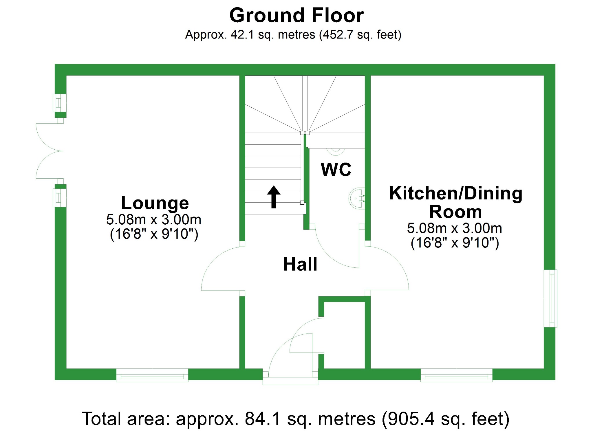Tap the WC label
[x=336, y=170]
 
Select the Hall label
[x=300, y=264]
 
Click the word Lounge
[x=155, y=203]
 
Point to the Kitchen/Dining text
[x=455, y=193]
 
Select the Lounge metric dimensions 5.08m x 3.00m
[x=153, y=219]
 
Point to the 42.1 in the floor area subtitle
[x=242, y=35]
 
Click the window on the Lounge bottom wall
[x=152, y=375]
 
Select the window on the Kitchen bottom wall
[x=456, y=375]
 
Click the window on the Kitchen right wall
[x=550, y=298]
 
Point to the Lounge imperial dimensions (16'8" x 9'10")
[x=154, y=234]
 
